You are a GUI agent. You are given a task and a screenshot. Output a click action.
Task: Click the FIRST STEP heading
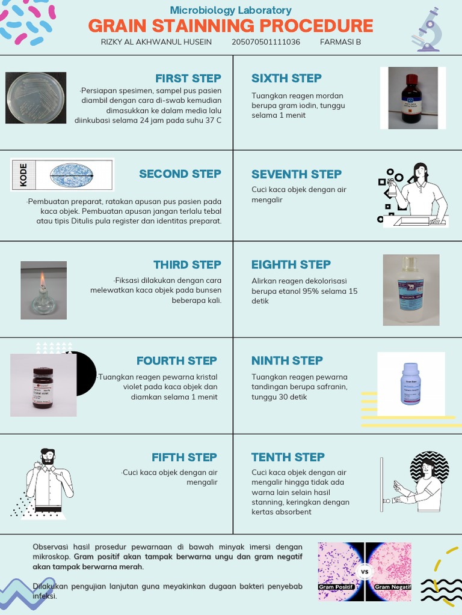(x=188, y=79)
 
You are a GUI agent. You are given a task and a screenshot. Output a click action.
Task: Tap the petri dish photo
(x=35, y=98)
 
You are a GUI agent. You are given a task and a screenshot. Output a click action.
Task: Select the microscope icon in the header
(x=428, y=30)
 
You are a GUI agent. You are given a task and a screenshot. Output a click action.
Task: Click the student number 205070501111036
(x=265, y=42)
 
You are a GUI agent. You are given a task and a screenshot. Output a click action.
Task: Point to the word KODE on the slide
(x=23, y=175)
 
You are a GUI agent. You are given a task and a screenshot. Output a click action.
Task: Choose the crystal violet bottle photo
(x=43, y=387)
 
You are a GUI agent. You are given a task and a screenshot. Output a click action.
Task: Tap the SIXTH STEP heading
(x=286, y=79)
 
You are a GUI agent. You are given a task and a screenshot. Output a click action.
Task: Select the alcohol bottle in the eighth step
(x=411, y=289)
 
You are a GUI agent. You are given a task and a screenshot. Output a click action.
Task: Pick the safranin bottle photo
(x=411, y=383)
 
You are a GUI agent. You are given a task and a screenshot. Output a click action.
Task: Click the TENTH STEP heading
(x=288, y=458)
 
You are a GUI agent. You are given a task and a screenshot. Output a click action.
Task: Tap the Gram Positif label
(x=336, y=587)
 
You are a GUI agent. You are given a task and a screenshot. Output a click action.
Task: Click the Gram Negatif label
(x=392, y=587)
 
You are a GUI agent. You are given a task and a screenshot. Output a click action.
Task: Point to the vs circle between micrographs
(x=365, y=572)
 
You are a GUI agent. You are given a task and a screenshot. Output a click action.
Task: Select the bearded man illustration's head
(x=48, y=456)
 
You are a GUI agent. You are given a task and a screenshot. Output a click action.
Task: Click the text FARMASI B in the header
(x=340, y=42)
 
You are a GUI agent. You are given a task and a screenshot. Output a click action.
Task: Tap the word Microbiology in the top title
(x=199, y=10)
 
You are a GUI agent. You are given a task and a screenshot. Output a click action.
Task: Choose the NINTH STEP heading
(x=287, y=361)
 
